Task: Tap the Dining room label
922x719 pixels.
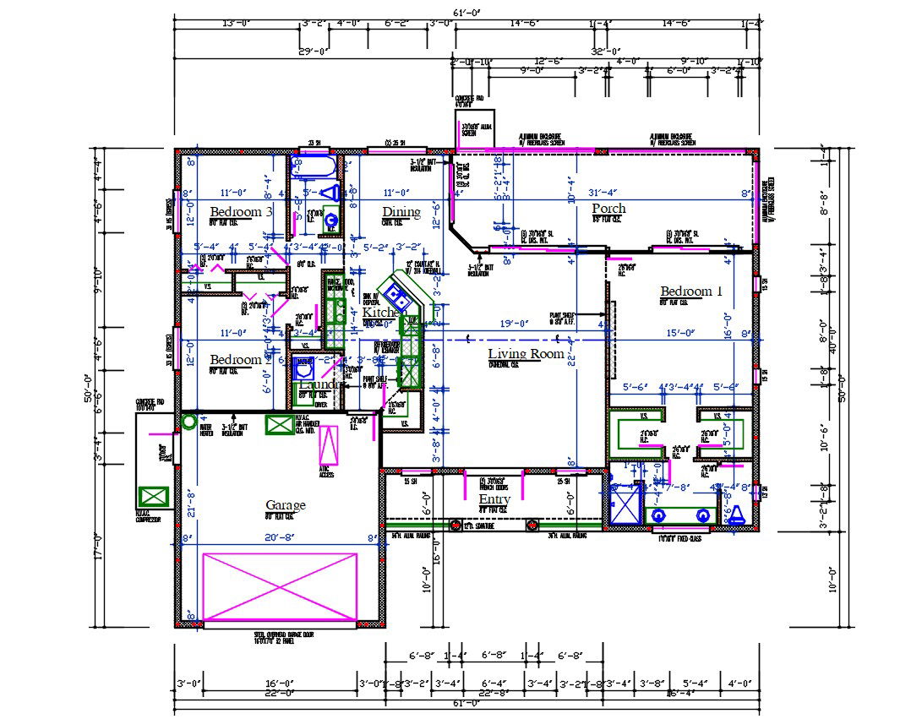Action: coord(401,211)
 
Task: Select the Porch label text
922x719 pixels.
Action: coord(608,208)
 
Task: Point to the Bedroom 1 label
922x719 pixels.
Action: coord(691,291)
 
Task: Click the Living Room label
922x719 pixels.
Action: coord(526,353)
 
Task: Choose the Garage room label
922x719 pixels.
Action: coord(285,505)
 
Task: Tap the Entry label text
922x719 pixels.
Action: coord(494,499)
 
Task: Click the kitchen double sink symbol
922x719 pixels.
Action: coord(395,295)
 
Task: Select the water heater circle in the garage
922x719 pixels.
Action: coord(189,420)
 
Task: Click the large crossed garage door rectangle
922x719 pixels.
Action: coord(281,586)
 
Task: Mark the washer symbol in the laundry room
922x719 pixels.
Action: coord(303,368)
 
